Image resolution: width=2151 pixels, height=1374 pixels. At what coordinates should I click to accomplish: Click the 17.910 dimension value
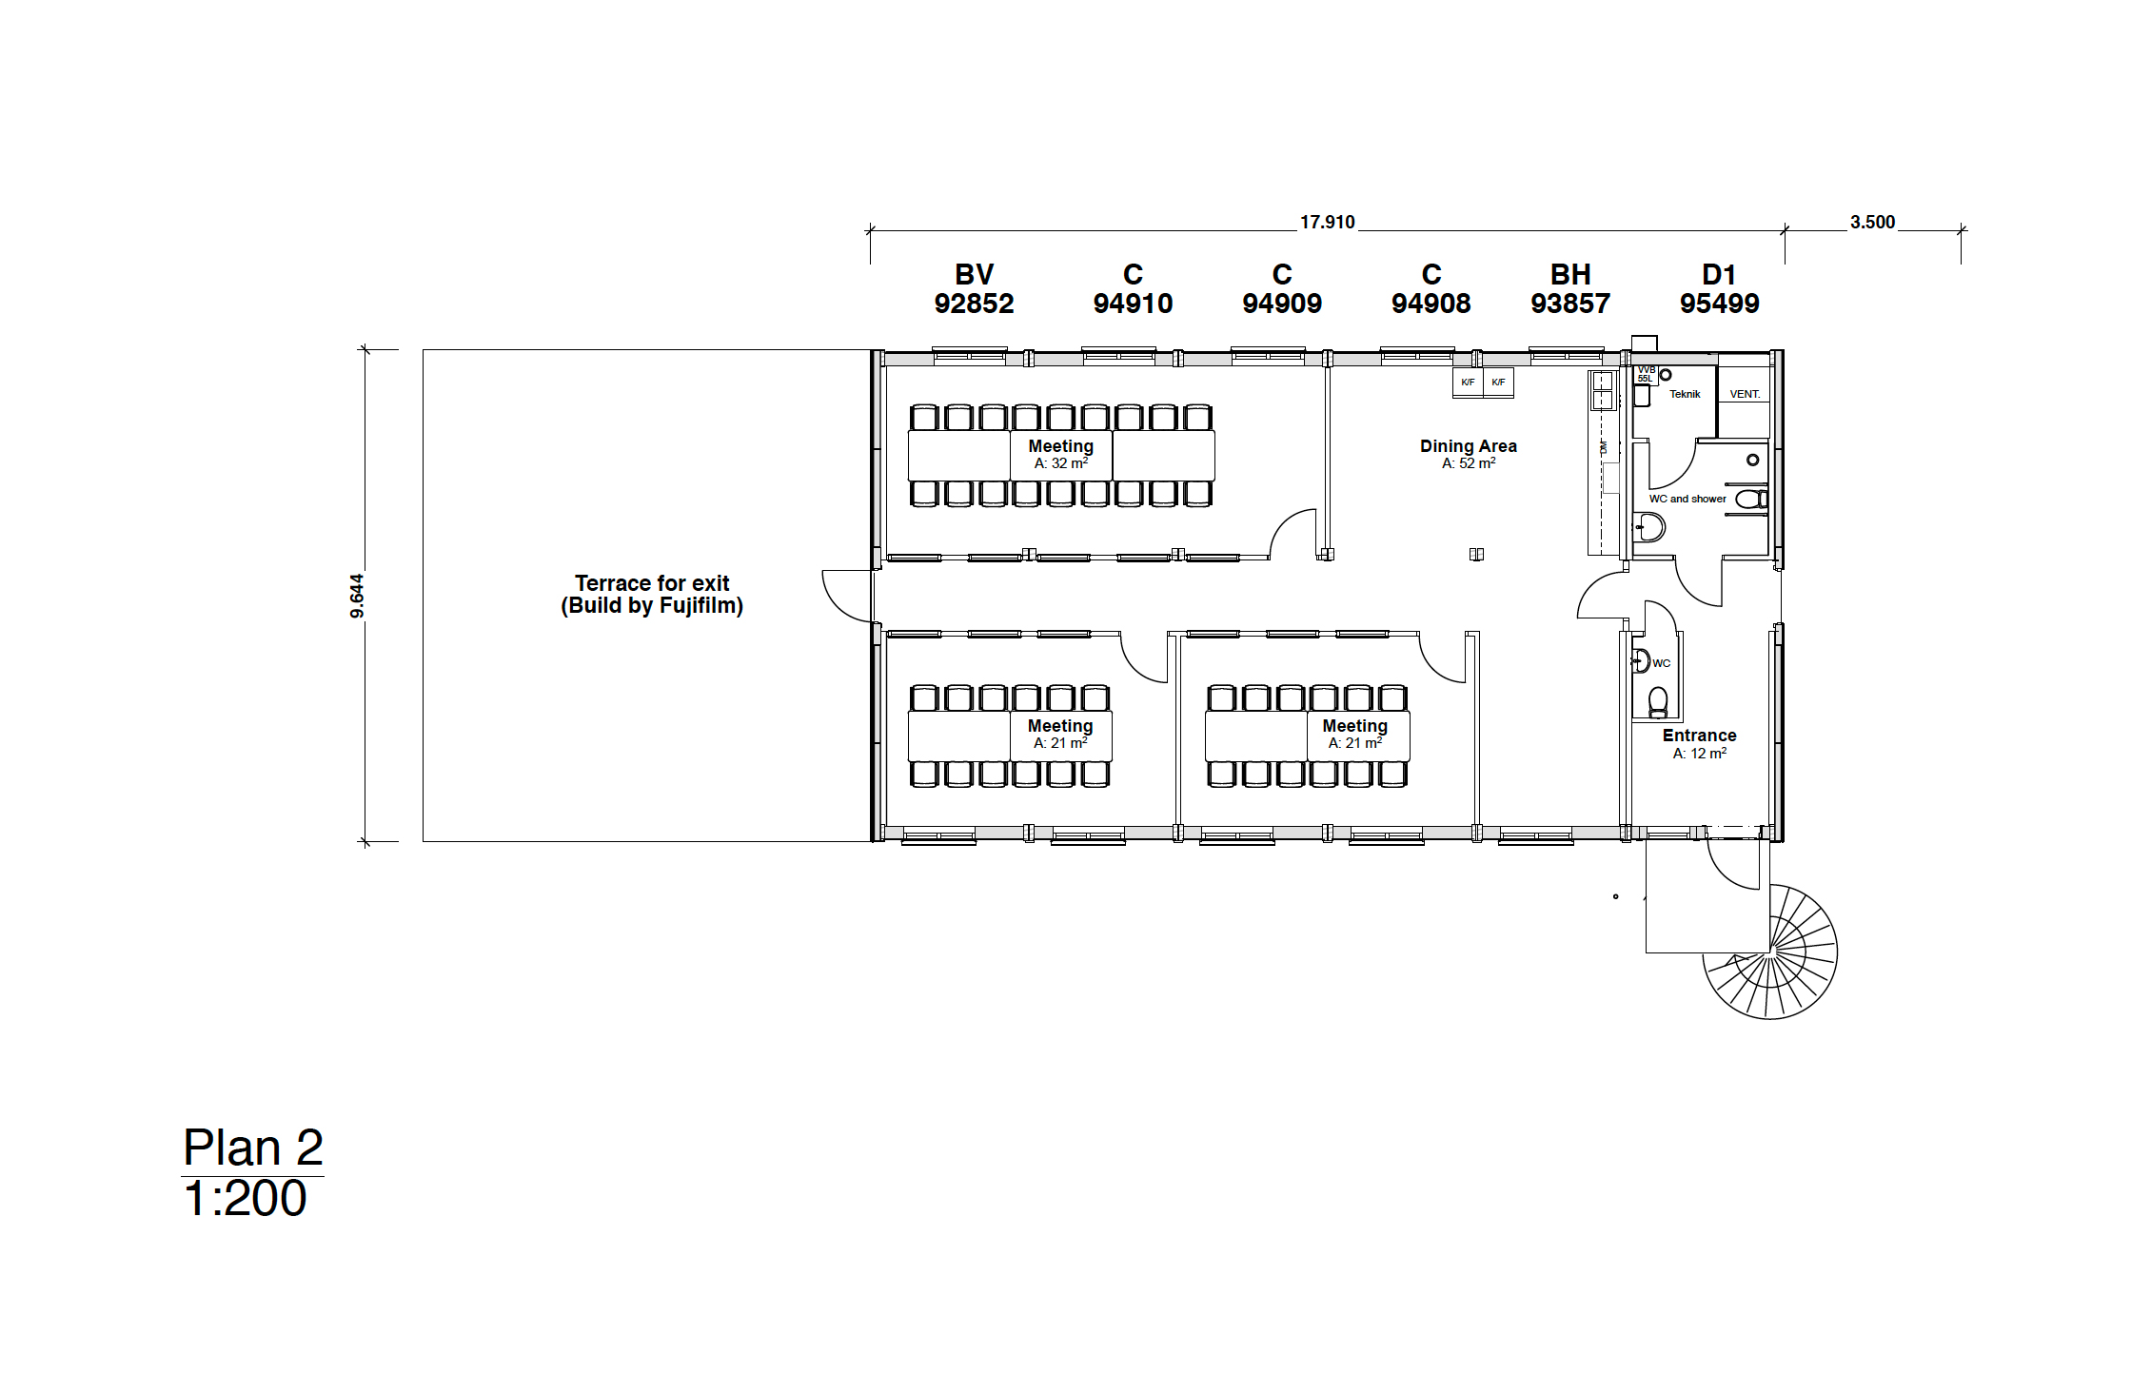[x=1327, y=223]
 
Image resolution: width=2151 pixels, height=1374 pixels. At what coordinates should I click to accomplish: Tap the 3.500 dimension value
[x=1872, y=223]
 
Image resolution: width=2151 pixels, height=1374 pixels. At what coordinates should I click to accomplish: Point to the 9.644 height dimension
[x=357, y=596]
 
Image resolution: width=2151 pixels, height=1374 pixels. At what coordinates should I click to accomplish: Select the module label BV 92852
[x=974, y=289]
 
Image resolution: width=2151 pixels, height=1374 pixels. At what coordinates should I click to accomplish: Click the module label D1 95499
[x=1719, y=289]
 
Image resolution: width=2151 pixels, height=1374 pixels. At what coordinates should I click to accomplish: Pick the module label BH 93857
[x=1569, y=289]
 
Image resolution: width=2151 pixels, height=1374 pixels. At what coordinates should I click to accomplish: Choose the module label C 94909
[x=1281, y=289]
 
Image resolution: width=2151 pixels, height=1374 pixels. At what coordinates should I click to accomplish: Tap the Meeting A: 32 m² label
[x=1060, y=454]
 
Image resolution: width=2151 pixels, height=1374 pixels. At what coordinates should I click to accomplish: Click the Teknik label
[x=1684, y=394]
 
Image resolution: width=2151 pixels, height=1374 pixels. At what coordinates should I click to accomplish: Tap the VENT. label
[x=1744, y=394]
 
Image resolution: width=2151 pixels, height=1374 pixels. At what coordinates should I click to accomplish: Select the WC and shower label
[x=1687, y=499]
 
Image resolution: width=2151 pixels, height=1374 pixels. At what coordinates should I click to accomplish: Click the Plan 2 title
[x=252, y=1148]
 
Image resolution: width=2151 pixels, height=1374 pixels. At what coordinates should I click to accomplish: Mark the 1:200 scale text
[x=245, y=1199]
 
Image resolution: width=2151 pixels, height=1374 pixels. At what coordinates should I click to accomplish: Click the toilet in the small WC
[x=1658, y=702]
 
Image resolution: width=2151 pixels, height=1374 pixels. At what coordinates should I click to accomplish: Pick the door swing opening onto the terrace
[x=846, y=596]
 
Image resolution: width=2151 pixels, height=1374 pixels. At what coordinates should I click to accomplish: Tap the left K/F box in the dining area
[x=1468, y=383]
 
